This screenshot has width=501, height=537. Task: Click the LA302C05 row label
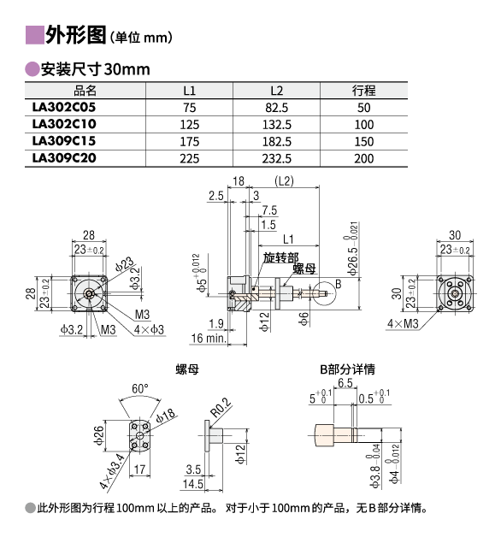click(x=64, y=107)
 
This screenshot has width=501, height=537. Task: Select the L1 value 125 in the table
click(x=190, y=124)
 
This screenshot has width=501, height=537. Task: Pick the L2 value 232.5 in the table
click(x=277, y=158)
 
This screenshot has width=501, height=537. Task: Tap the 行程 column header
click(x=363, y=91)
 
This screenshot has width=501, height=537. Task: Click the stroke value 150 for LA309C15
click(x=364, y=141)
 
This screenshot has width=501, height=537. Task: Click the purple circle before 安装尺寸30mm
click(x=32, y=69)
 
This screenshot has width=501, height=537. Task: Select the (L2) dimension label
click(x=284, y=180)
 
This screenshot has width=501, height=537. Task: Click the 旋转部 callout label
click(x=280, y=257)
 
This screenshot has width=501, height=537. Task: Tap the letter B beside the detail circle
click(x=339, y=284)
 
